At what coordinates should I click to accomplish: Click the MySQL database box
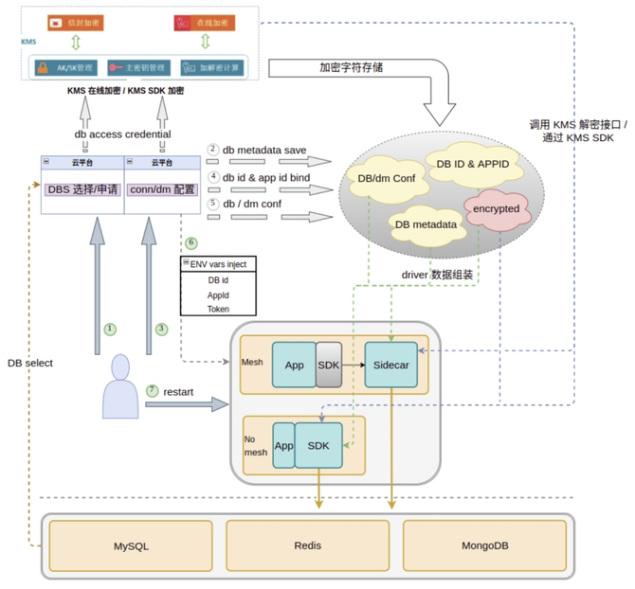[x=132, y=546]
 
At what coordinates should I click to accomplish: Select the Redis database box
[x=307, y=546]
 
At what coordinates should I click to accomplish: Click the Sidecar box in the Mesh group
[x=390, y=365]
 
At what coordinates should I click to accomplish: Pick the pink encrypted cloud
[x=497, y=207]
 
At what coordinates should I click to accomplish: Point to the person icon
[x=121, y=386]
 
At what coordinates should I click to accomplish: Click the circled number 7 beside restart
[x=153, y=390]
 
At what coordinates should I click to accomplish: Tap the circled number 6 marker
[x=190, y=243]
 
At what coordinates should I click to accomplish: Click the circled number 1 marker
[x=110, y=329]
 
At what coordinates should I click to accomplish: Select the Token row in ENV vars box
[x=218, y=309]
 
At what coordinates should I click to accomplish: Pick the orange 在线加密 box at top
[x=206, y=22]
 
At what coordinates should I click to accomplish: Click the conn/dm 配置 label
[x=161, y=188]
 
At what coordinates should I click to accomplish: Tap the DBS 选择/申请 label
[x=82, y=188]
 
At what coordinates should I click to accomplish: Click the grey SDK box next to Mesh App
[x=328, y=365]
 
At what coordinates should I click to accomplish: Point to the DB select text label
[x=30, y=363]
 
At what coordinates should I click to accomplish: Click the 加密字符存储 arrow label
[x=351, y=67]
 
